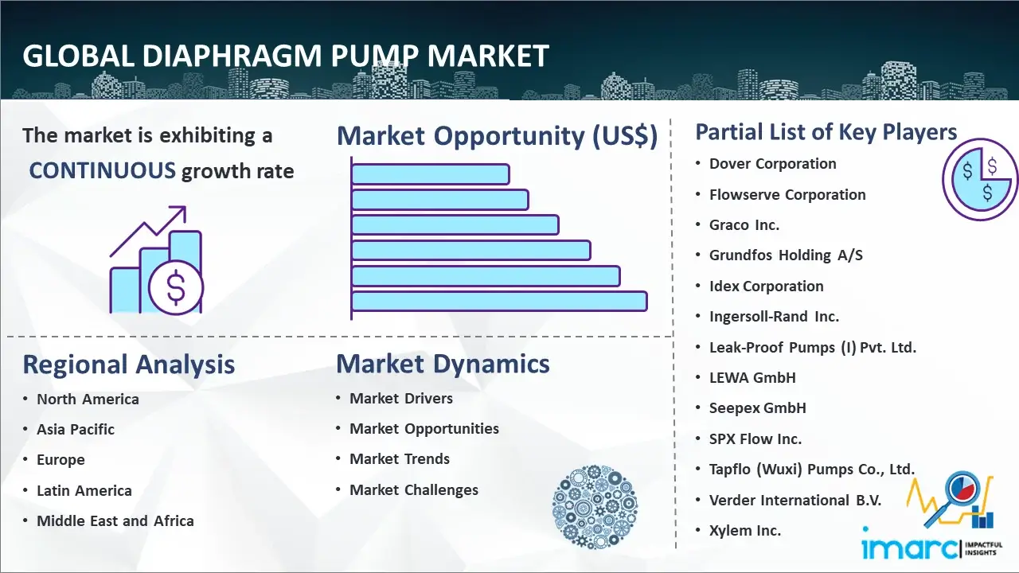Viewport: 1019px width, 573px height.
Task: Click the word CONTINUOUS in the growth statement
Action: tap(103, 171)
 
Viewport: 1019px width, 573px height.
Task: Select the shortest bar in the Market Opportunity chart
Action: tap(431, 174)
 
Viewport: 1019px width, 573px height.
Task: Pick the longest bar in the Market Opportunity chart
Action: tap(499, 302)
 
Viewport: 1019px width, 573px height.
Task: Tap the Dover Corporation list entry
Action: tap(772, 164)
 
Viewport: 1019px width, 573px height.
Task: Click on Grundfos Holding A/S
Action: tap(786, 255)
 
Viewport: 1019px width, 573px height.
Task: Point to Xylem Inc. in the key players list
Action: tap(744, 530)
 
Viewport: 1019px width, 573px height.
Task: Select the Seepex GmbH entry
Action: tap(757, 408)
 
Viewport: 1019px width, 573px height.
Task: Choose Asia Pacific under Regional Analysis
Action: tap(76, 429)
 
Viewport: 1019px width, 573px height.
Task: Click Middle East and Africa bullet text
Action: tap(115, 520)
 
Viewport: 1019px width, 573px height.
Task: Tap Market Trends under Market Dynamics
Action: tap(400, 459)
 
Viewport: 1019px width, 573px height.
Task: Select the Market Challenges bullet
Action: tap(414, 489)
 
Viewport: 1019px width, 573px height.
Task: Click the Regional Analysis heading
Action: tap(129, 364)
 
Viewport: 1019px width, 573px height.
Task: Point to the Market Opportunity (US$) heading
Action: tap(498, 135)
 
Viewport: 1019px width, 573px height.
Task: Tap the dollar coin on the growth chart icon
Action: tap(176, 287)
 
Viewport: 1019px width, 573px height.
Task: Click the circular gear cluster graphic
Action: tap(595, 507)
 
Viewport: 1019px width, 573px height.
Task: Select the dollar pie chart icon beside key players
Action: tap(979, 179)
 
